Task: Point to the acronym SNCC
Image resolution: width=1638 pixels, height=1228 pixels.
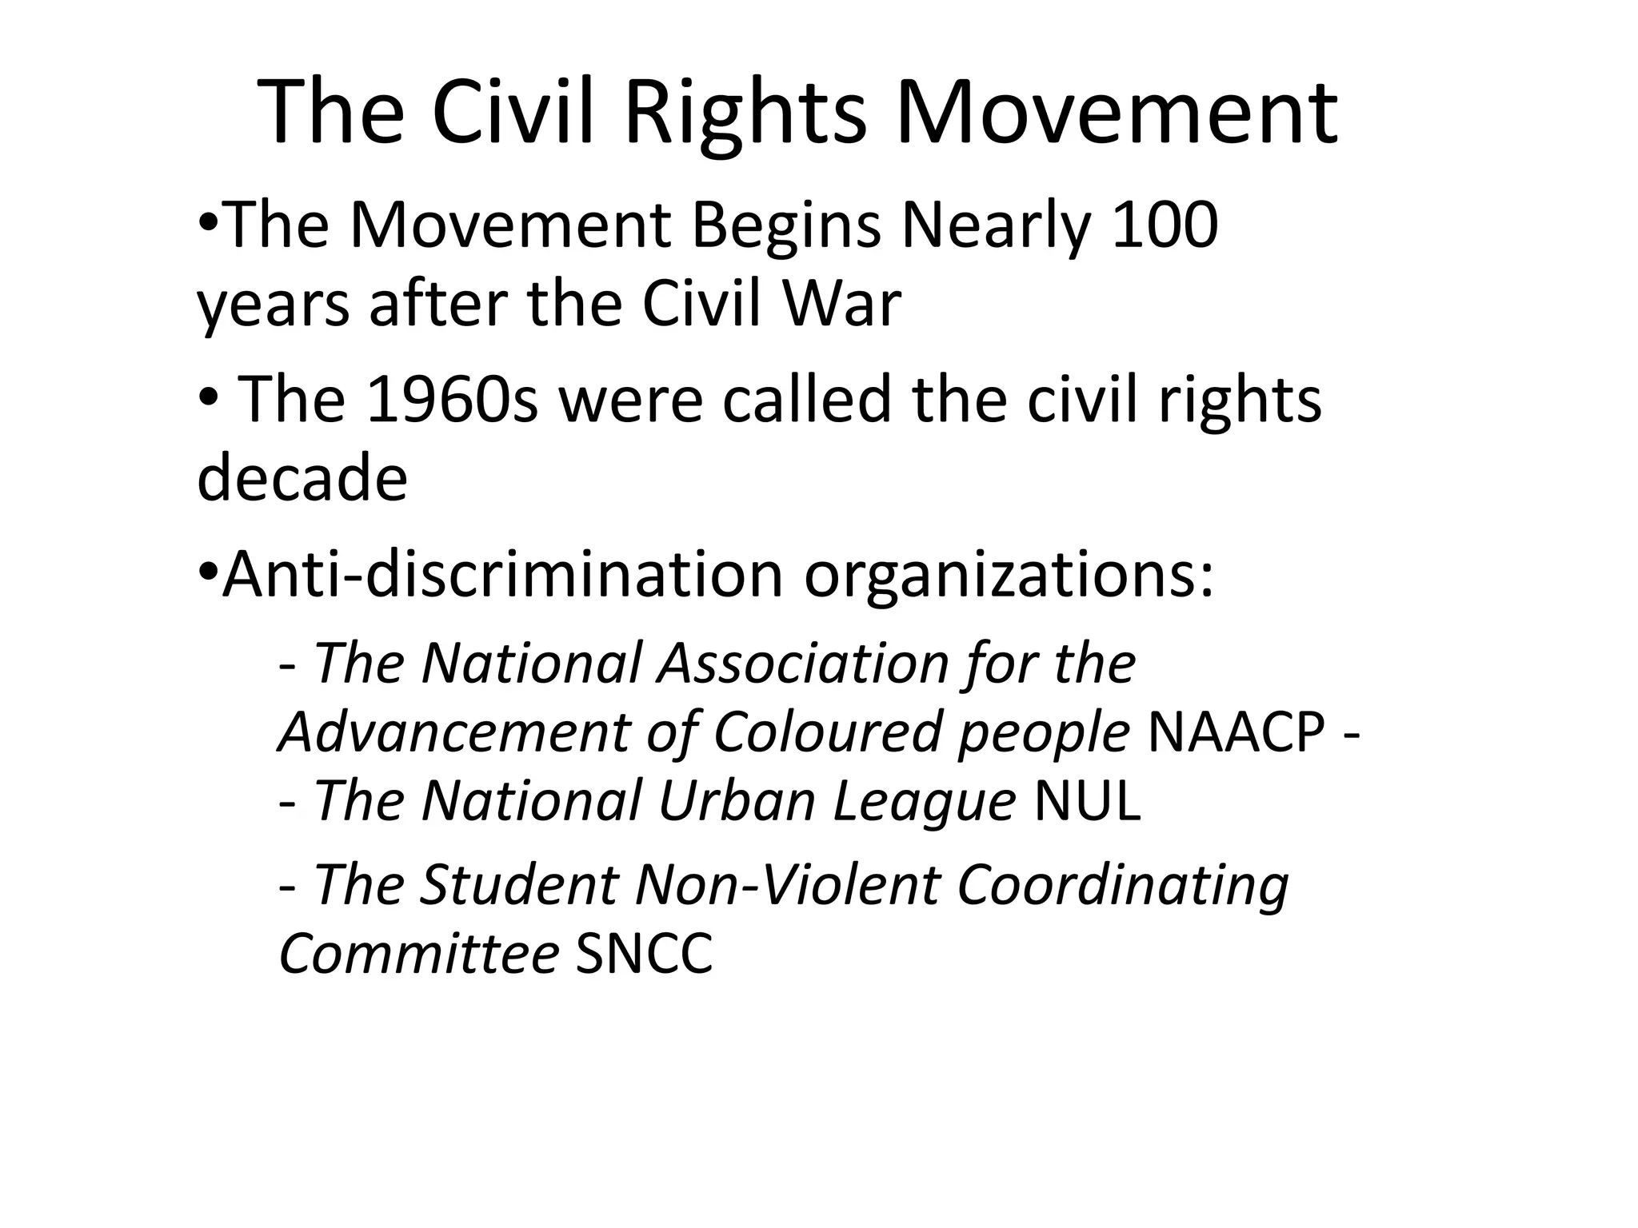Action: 644,954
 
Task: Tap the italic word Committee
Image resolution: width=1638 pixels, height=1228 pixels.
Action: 418,954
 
